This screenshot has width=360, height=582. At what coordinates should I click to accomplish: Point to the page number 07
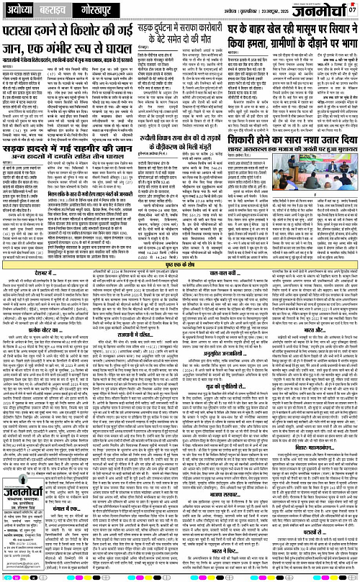click(x=352, y=8)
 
